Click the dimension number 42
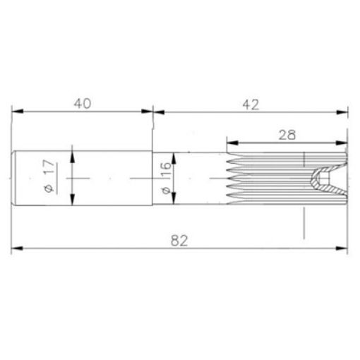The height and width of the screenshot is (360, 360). coord(251,103)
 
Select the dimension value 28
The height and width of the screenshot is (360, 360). coord(287,133)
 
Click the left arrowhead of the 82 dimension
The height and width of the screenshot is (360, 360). coord(18,248)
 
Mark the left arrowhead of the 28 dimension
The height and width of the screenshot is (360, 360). coord(231,140)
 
